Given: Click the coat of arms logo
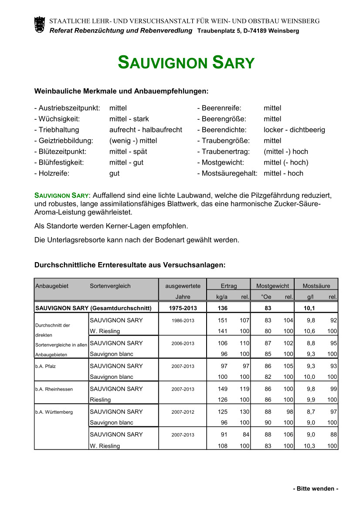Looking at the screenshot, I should pos(39,24).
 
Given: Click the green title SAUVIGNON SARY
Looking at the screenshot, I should pos(186,63).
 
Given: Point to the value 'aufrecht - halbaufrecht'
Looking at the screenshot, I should pos(146,130).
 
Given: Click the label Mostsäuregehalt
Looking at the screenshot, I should pos(227,173).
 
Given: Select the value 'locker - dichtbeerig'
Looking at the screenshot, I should pos(294,130).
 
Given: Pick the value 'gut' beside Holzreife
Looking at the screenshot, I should pos(114,173).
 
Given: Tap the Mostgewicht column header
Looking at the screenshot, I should pos(272,286).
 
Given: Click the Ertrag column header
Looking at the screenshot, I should pos(228,286).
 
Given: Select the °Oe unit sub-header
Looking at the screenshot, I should pos(265,297).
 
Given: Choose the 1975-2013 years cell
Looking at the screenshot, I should pos(183,308).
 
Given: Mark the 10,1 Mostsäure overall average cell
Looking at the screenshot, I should pos(309,308).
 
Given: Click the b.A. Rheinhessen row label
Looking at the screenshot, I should pos(54,389).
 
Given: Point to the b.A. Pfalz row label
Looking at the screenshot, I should pos(46,366).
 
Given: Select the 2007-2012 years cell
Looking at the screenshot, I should pos(183,412).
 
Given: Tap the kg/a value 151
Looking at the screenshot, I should pos(223,320).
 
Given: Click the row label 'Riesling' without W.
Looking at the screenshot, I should pos(100,400).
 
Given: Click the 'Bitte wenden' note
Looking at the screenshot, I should pos(316,489).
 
